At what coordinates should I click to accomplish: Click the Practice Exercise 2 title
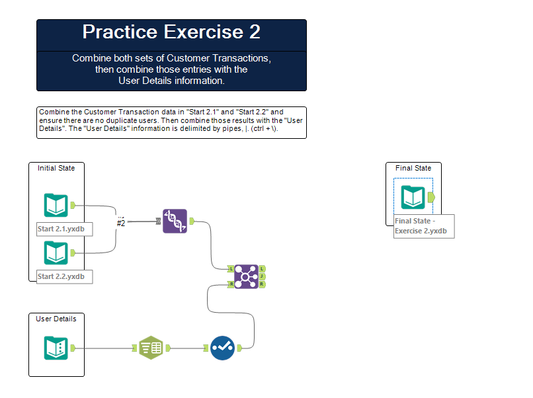coord(171,32)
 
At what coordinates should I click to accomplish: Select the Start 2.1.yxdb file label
coord(61,229)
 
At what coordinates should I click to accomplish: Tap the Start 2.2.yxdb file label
coord(61,276)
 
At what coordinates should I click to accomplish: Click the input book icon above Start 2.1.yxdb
coord(56,205)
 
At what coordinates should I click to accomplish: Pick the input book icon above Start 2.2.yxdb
coord(56,253)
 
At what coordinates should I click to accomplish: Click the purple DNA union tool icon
coord(175,221)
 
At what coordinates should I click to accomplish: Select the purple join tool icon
coord(246,276)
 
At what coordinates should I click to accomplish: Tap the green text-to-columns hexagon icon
coord(151,348)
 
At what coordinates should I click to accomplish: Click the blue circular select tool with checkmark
coord(222,348)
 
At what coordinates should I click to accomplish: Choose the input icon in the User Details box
coord(56,348)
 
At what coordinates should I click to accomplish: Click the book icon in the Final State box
coord(413,197)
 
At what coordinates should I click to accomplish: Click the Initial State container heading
coord(56,168)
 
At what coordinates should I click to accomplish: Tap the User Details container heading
coord(56,319)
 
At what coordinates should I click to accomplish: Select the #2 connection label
coord(121,223)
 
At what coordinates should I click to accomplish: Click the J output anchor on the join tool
coord(262,276)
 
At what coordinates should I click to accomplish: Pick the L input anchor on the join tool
coord(231,269)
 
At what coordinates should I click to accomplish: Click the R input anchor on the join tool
coord(231,284)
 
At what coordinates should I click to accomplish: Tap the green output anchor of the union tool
coord(192,221)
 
